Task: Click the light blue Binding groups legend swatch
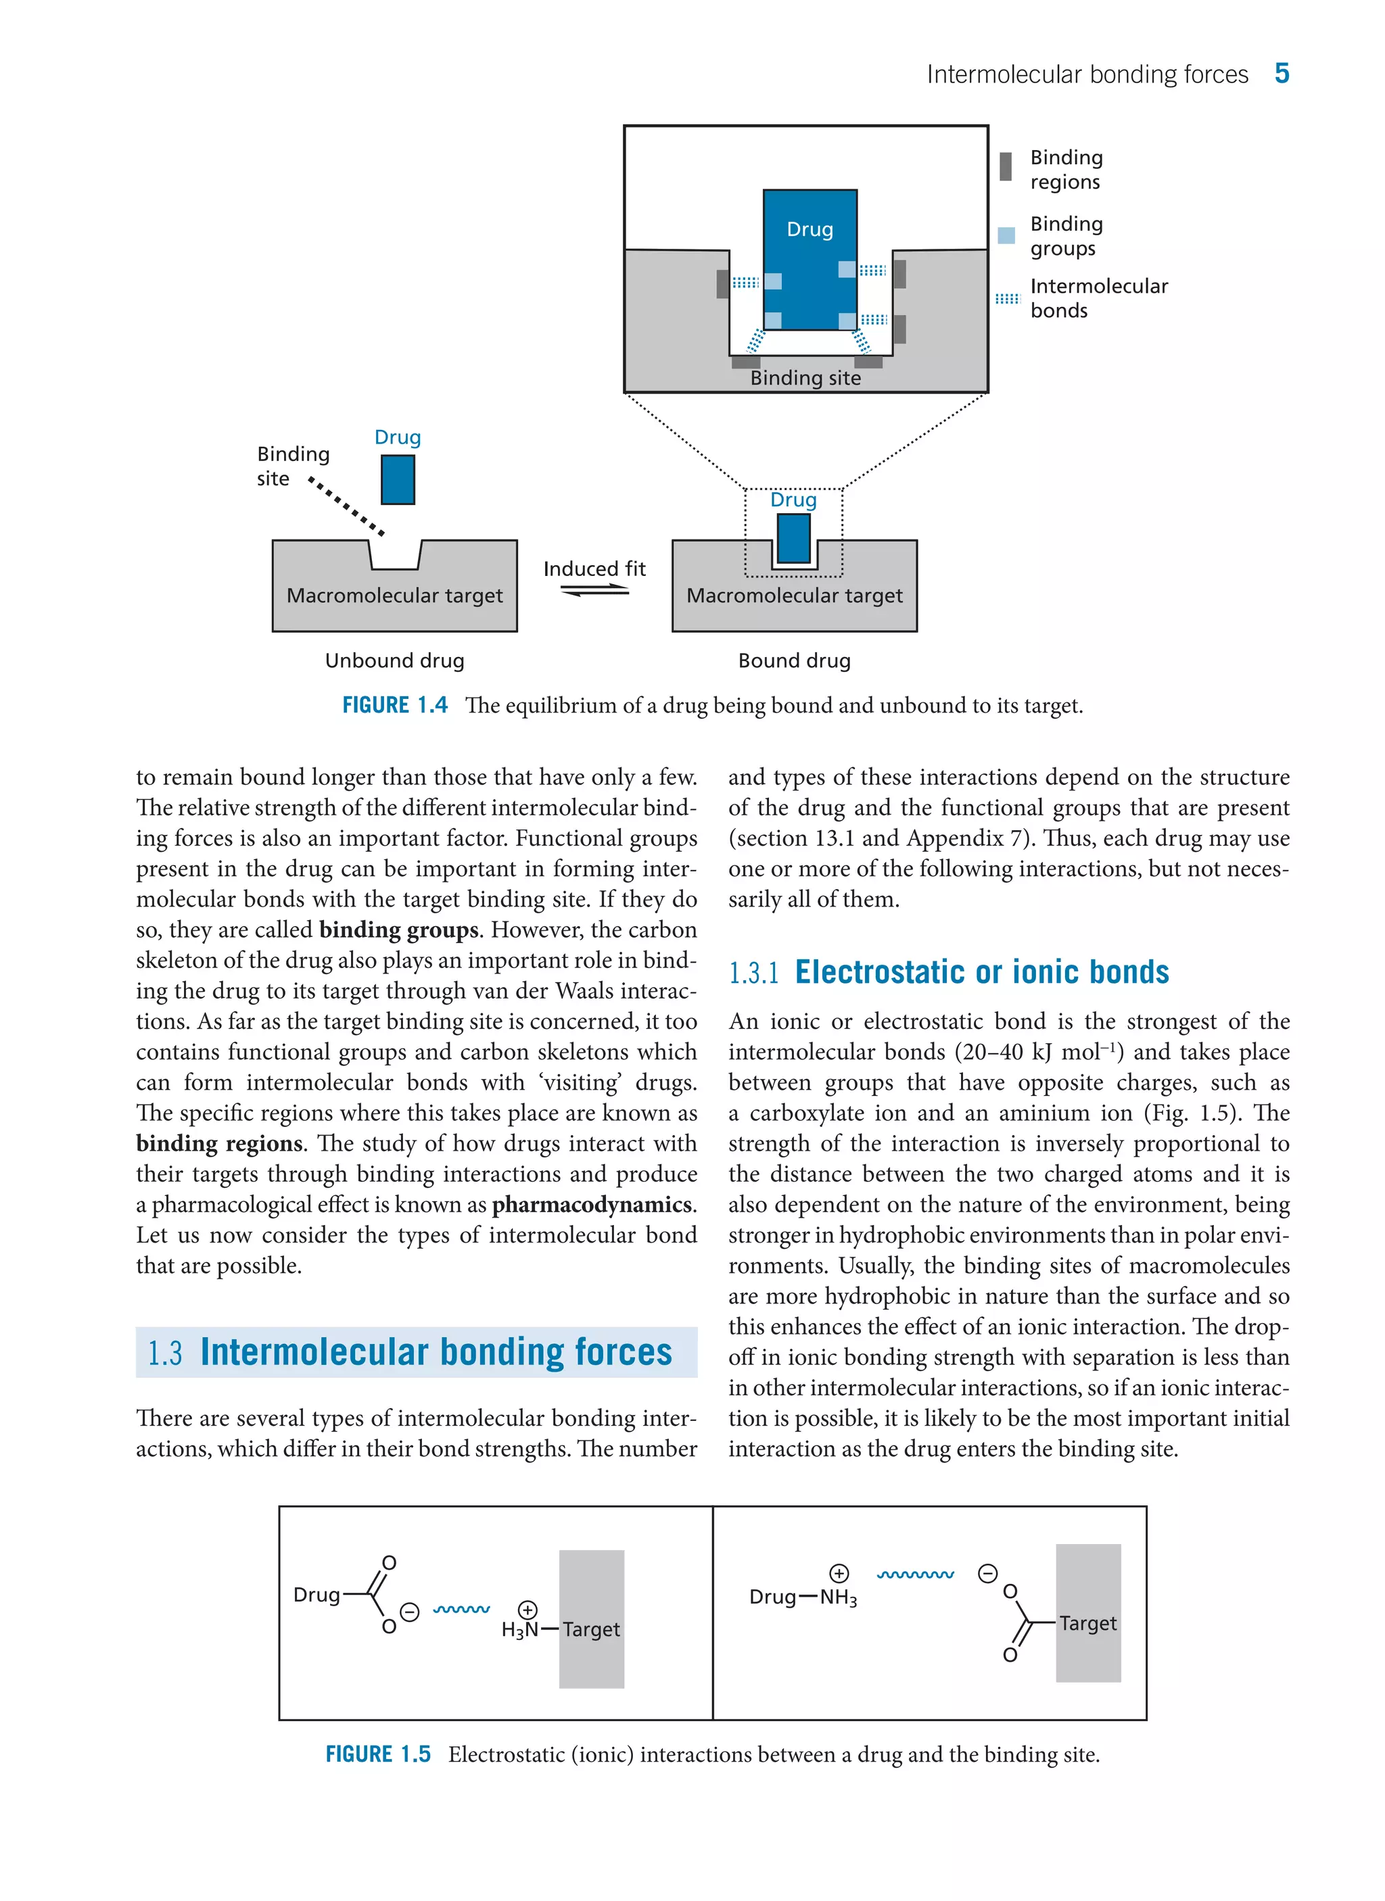1007,235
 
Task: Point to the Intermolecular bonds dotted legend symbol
1007,298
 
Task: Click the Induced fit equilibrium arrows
594,591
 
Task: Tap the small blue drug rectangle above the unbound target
398,479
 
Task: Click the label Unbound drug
394,660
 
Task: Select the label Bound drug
794,660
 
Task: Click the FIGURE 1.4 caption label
395,705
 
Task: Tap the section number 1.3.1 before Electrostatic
753,973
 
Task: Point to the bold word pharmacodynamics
592,1205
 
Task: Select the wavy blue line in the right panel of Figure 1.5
915,1575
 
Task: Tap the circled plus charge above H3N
527,1610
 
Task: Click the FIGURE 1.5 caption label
378,1754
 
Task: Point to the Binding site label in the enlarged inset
805,378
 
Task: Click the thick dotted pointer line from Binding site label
346,506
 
